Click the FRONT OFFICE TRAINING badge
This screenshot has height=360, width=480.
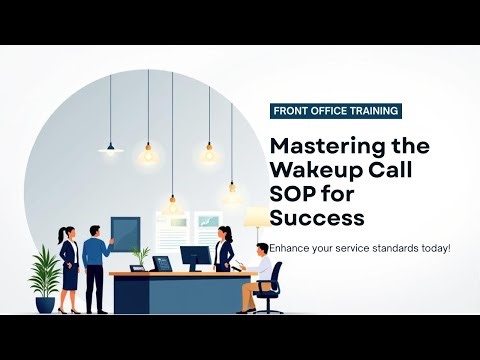pos(335,111)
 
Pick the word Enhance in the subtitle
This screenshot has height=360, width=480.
pos(279,247)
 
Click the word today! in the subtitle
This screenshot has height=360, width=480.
pos(433,247)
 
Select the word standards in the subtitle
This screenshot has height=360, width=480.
pos(381,247)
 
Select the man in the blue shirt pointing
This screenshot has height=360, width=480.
pos(95,265)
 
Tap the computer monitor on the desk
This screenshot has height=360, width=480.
pos(196,257)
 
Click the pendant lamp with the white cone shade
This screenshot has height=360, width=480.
pos(110,146)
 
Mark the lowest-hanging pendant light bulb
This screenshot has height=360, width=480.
pos(172,207)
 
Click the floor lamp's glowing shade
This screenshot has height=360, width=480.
pos(257,217)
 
